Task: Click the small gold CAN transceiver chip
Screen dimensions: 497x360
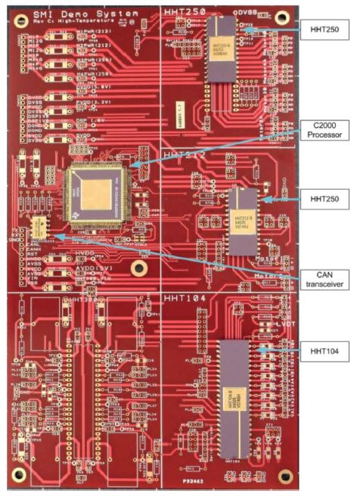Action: [40, 226]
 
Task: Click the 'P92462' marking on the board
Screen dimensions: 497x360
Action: [191, 479]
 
